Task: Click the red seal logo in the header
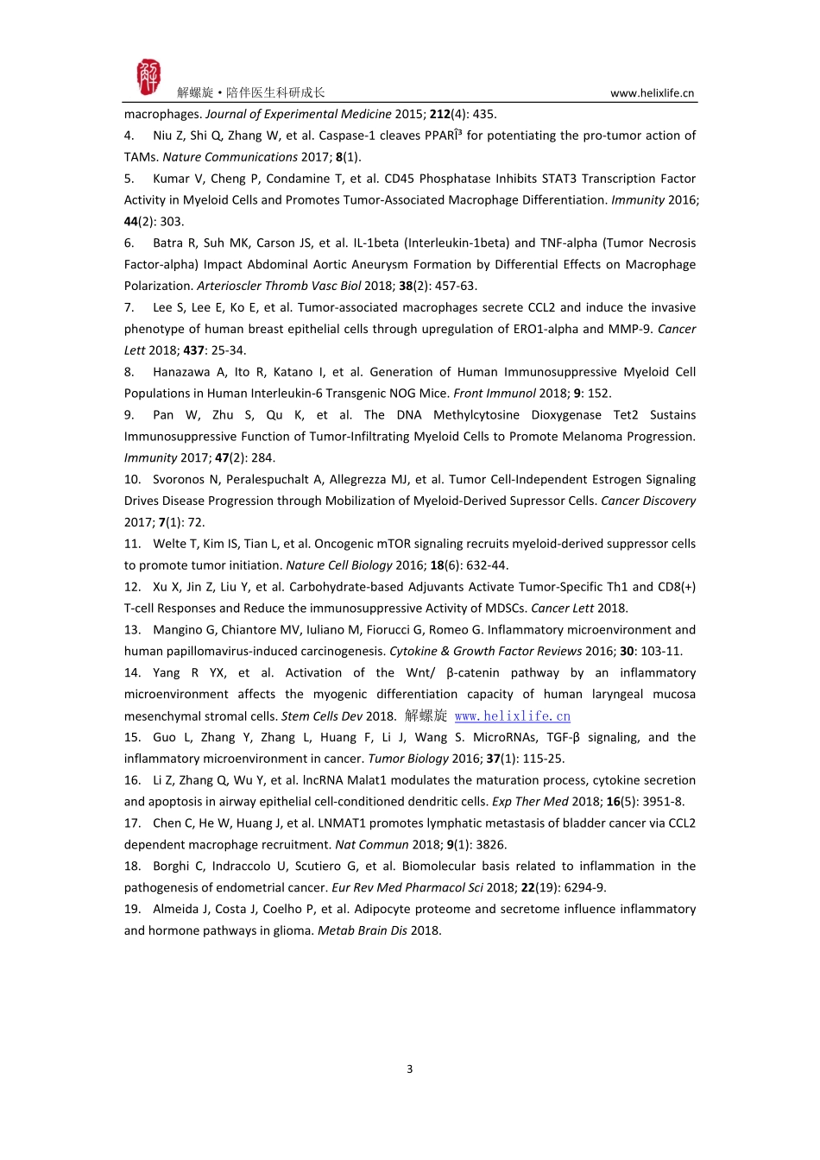point(148,78)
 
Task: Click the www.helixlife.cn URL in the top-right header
point(652,93)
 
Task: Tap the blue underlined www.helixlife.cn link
point(512,716)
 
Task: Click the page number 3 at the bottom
point(409,1069)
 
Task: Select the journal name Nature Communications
point(230,157)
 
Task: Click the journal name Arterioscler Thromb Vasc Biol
point(279,286)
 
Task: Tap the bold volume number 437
point(193,350)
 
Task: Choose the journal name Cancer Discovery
point(648,501)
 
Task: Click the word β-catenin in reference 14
point(473,673)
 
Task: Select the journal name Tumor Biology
point(408,759)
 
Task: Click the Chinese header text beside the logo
point(250,93)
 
